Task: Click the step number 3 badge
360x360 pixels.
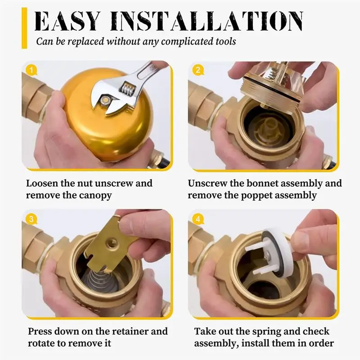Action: [30, 219]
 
